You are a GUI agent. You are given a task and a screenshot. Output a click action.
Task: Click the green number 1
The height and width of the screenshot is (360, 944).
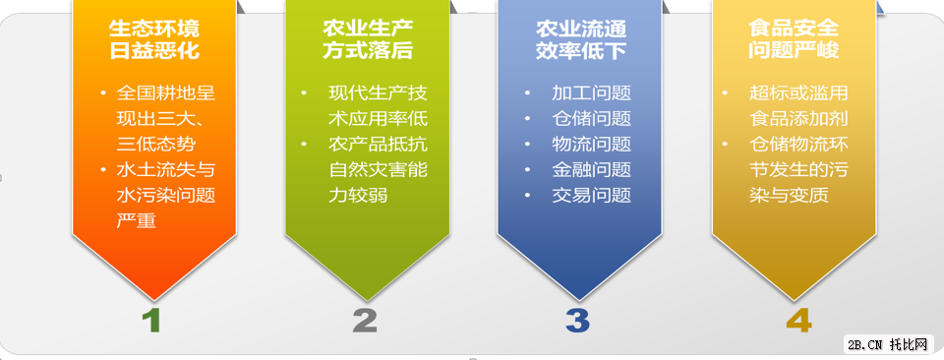click(x=150, y=320)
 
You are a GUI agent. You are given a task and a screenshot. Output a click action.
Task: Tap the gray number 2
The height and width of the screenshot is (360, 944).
click(x=365, y=320)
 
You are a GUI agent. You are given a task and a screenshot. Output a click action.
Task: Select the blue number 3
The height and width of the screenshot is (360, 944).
click(x=577, y=320)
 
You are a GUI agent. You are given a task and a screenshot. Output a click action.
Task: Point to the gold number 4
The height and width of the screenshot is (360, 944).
click(x=798, y=320)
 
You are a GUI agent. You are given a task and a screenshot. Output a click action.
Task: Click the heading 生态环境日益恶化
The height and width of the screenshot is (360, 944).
click(x=154, y=38)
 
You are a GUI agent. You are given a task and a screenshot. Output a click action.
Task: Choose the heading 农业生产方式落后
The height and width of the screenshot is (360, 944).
click(x=367, y=38)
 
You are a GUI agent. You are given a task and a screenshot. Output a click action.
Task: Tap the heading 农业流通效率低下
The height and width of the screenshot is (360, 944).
click(x=580, y=38)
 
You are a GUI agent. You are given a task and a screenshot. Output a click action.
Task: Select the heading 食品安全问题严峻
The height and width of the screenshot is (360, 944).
click(x=794, y=38)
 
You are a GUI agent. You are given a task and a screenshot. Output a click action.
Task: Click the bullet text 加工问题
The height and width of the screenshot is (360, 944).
click(x=591, y=94)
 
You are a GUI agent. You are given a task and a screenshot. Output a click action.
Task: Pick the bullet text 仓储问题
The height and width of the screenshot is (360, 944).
click(x=591, y=120)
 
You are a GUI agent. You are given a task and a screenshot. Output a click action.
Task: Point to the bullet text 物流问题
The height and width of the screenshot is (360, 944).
click(x=591, y=145)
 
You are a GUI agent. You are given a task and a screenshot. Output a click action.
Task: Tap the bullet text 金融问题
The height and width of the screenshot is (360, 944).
click(x=591, y=170)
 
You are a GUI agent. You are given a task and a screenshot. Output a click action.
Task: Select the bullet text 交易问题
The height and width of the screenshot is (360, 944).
click(x=591, y=195)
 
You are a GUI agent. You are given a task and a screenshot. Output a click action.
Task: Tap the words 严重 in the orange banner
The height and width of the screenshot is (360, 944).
click(x=136, y=220)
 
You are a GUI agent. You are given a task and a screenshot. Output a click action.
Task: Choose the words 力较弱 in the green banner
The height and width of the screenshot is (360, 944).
click(x=358, y=195)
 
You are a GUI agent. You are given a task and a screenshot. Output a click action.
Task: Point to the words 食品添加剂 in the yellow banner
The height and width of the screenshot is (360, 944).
click(x=798, y=120)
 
